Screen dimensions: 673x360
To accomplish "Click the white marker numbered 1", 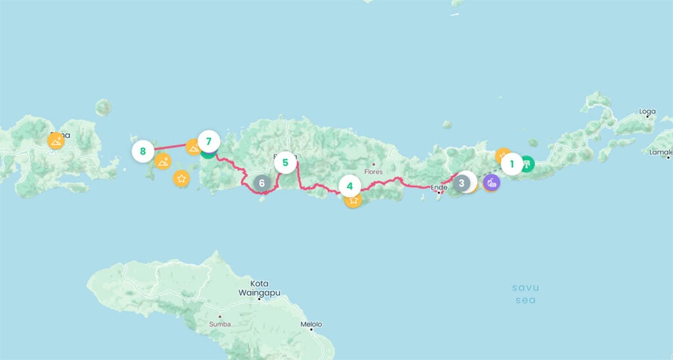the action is [511, 164].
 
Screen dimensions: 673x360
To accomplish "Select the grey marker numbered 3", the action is [462, 183].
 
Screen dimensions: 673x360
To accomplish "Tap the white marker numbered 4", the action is [350, 187].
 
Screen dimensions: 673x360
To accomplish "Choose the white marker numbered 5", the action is [285, 162].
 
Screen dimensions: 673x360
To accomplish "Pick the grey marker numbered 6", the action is [262, 183].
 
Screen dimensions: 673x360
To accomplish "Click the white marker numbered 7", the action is [208, 141].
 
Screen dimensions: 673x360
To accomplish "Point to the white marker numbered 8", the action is [143, 152].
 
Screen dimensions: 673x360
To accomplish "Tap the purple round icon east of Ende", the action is [491, 182].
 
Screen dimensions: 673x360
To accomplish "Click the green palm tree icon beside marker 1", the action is [526, 164].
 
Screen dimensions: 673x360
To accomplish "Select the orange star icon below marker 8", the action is [181, 178].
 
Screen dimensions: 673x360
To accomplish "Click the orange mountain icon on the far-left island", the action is [57, 141].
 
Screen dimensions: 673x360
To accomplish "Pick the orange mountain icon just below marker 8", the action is [162, 161].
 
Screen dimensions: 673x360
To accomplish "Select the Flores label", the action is [373, 172].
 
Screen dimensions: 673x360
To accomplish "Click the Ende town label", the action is [438, 187].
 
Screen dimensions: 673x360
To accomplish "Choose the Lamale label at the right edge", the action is [661, 152].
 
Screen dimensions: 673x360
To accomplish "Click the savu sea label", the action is [525, 294].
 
